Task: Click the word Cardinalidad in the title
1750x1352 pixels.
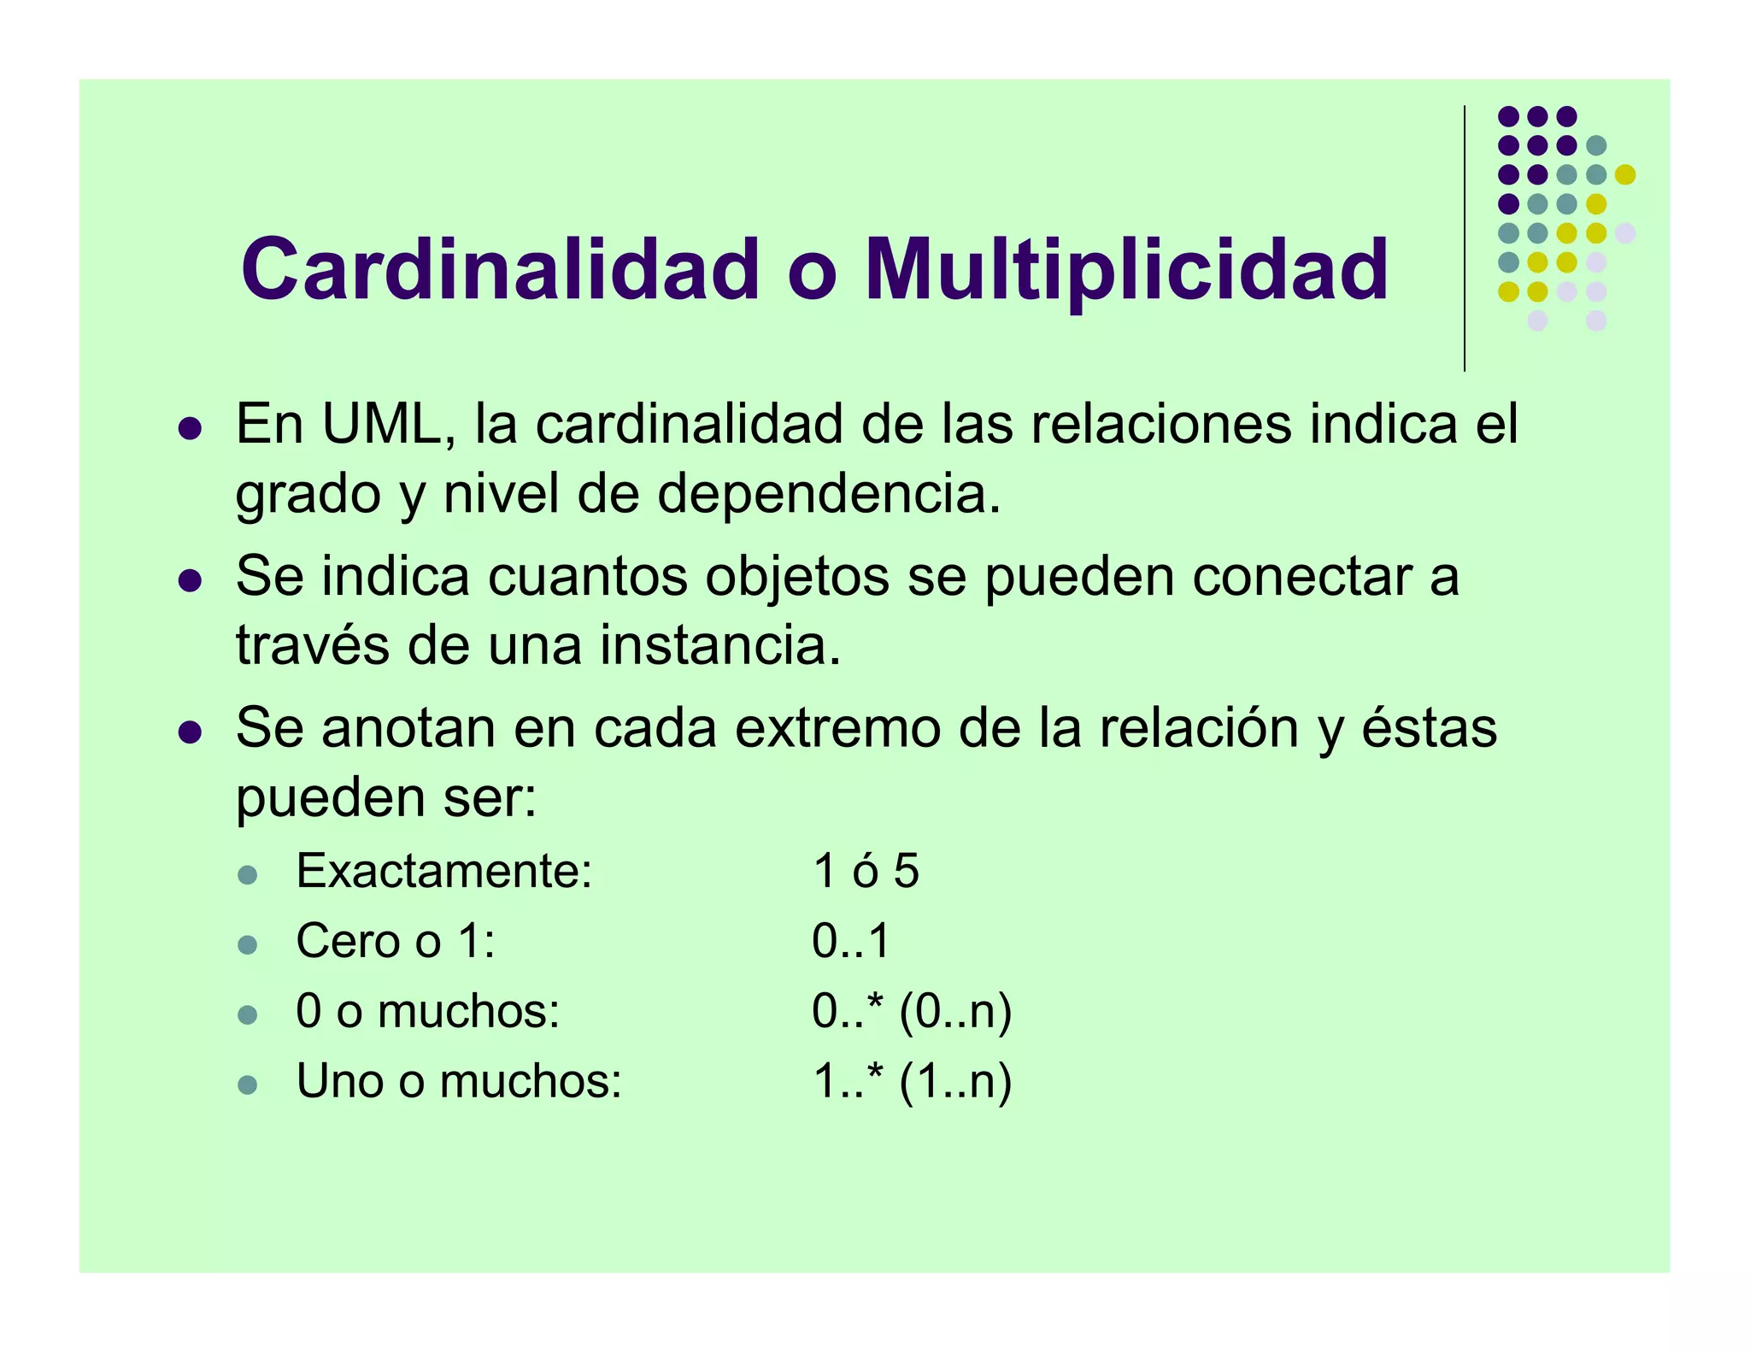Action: [500, 269]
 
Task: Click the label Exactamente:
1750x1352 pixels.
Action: [443, 872]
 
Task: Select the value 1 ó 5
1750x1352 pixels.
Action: [866, 872]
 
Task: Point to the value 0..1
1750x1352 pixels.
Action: [851, 942]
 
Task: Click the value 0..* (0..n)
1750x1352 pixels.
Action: [912, 1012]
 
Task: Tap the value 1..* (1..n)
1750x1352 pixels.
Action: [912, 1082]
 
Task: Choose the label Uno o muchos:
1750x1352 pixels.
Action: [459, 1081]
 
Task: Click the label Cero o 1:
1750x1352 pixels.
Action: [396, 942]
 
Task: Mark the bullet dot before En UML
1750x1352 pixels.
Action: [190, 429]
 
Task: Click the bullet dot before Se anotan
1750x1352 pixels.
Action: [190, 732]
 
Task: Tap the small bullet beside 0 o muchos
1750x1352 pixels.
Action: [248, 1015]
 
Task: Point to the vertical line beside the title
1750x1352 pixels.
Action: [1465, 239]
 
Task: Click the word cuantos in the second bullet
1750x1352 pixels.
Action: [587, 576]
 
